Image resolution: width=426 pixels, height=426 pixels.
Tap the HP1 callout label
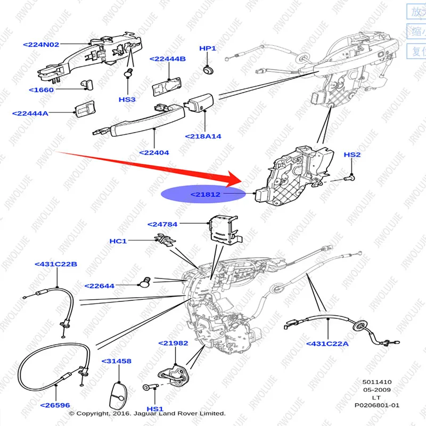pos(208,48)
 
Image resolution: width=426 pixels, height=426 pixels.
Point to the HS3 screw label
pos(127,100)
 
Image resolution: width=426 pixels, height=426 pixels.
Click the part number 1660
pos(42,89)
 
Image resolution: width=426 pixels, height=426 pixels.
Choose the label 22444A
pos(30,113)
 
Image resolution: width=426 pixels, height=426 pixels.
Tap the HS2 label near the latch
pos(352,155)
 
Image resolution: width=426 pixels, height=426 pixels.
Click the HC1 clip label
pos(118,241)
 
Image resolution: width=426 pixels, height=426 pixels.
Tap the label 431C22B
pos(56,264)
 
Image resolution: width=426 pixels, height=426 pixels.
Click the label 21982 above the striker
pos(173,343)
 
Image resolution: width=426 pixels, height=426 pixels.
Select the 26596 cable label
pos(55,405)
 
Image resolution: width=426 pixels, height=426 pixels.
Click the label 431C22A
pos(327,343)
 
